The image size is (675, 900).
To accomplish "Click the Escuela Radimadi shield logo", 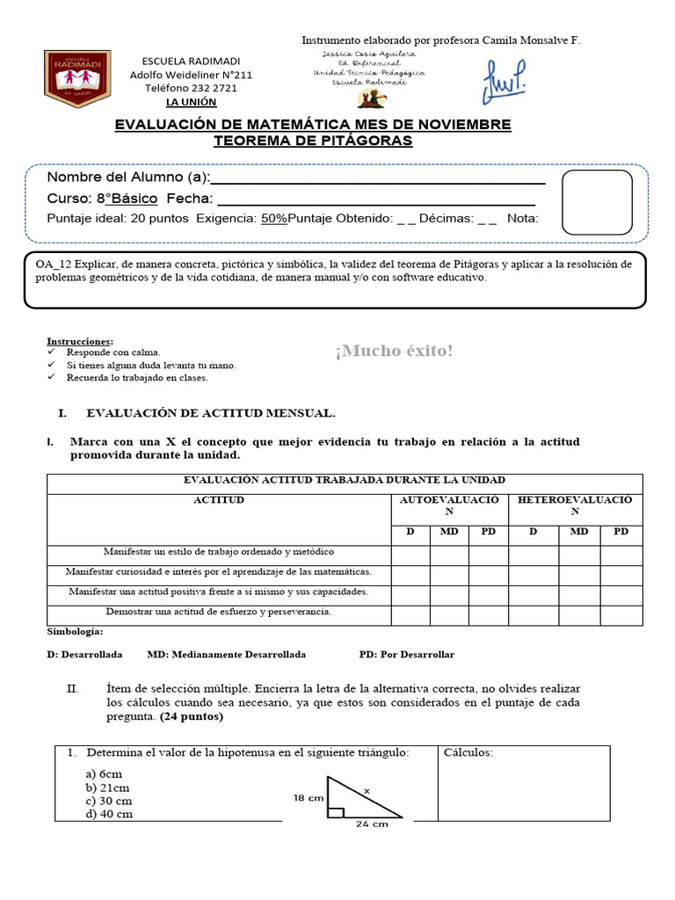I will [x=79, y=75].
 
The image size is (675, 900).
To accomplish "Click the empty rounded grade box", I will [x=597, y=202].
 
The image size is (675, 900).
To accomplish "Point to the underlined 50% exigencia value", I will [x=274, y=219].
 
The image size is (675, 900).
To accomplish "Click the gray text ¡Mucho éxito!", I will [x=394, y=352].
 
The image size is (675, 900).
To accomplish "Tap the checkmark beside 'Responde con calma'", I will [x=52, y=352].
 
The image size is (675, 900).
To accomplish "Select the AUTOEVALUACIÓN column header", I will [x=449, y=504].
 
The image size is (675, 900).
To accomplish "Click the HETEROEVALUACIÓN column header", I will [x=575, y=504].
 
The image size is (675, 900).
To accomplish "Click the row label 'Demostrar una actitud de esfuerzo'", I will [x=219, y=611].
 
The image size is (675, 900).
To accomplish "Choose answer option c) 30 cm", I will [x=109, y=801].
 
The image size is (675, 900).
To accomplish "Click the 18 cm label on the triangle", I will [x=308, y=797].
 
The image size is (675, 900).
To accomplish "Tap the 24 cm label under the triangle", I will [x=373, y=824].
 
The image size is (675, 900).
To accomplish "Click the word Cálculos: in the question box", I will [x=468, y=753].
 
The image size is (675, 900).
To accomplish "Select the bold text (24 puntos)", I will [x=192, y=716].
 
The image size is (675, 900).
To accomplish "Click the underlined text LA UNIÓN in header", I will [x=191, y=102].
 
